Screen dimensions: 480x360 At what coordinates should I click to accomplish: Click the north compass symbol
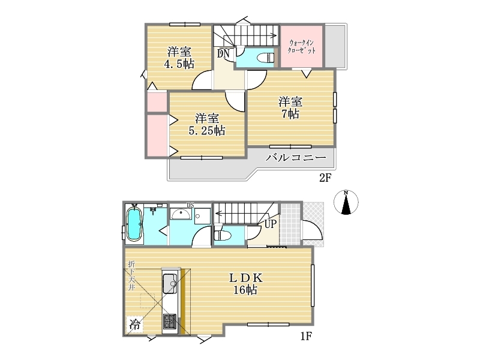click(x=346, y=202)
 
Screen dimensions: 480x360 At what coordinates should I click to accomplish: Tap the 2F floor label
click(x=325, y=178)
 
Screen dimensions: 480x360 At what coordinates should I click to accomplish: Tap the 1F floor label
click(x=306, y=337)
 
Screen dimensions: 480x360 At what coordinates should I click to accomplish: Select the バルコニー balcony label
click(x=295, y=158)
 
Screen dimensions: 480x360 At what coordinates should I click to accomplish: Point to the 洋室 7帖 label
click(x=290, y=107)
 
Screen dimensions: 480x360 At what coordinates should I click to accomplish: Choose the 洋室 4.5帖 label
click(x=179, y=58)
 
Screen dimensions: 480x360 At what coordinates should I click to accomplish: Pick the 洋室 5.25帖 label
click(x=207, y=124)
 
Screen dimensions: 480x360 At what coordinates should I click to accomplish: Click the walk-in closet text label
click(x=302, y=47)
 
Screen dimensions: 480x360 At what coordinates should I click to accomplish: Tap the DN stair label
click(x=223, y=54)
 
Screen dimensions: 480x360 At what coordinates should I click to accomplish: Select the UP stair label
click(x=270, y=224)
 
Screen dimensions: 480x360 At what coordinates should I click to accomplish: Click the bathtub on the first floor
click(x=133, y=224)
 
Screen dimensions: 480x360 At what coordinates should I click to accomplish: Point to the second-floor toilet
click(x=265, y=58)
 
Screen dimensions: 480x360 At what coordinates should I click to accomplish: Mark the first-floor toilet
click(x=223, y=235)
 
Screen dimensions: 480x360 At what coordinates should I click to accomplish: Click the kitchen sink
click(x=170, y=283)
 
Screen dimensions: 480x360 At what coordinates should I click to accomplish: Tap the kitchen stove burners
click(x=170, y=322)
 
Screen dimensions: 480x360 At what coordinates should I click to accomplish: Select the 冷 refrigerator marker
click(x=134, y=324)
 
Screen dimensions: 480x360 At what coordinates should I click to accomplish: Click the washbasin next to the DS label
click(x=181, y=214)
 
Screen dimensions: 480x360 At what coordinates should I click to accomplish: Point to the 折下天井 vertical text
click(x=131, y=275)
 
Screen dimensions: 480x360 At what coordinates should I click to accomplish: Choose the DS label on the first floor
click(x=190, y=205)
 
